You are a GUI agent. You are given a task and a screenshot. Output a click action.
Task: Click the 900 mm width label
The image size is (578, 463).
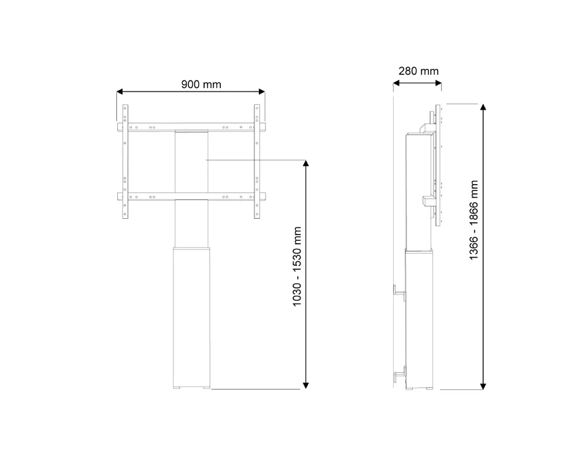pos(201,84)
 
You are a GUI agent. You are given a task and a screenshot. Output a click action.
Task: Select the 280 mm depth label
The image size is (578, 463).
pos(418,71)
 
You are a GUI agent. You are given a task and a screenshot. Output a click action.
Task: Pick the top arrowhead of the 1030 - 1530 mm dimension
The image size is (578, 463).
pos(306,165)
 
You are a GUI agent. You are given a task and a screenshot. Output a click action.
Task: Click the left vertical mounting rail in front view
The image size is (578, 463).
pos(125,162)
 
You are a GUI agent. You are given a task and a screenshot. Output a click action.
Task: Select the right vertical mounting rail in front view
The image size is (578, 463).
pos(257,162)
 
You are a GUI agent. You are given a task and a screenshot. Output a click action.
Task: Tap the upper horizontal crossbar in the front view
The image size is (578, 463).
pos(191,127)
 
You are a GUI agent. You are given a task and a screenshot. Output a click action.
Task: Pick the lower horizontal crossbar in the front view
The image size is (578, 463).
pos(191,196)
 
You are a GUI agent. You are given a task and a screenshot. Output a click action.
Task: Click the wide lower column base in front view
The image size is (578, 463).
pos(192,315)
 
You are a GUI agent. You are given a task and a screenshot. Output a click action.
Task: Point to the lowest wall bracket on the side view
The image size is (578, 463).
pos(399,375)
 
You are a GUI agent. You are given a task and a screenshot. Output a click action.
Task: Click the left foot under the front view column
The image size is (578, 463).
pos(180,388)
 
